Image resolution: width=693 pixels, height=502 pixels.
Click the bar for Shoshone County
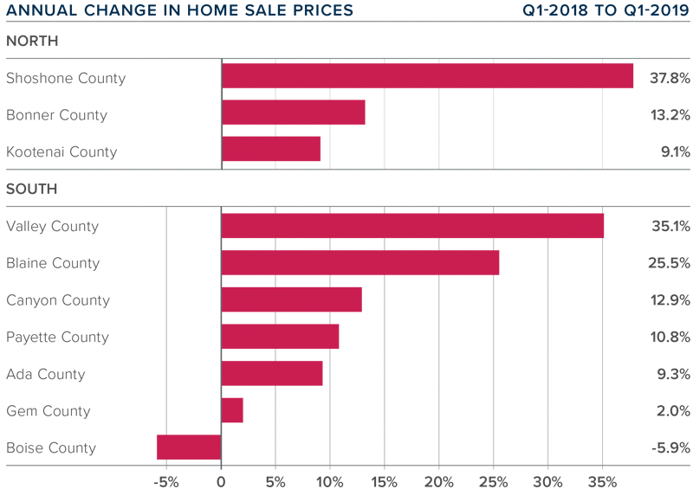pos(427,76)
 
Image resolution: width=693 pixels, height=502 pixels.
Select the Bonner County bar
pos(293,113)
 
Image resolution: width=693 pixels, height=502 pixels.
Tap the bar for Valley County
pos(412,226)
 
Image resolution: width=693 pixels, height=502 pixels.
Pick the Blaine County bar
pos(359,263)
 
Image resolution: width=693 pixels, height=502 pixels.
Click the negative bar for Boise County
pos(189,447)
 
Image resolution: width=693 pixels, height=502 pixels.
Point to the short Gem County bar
pos(232,410)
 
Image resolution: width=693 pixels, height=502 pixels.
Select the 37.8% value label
pos(670,78)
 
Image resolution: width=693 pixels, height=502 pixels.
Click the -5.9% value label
pos(670,448)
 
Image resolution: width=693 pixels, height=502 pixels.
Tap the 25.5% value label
pos(670,263)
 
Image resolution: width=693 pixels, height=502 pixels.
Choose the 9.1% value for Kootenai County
pos(673,152)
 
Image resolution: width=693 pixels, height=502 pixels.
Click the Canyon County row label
pos(58,300)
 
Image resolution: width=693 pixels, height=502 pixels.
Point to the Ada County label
pos(46,375)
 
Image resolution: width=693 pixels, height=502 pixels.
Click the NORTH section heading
pos(32,41)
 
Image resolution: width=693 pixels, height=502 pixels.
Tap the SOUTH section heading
pos(32,189)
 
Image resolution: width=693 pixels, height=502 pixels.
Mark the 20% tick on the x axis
pos(439,482)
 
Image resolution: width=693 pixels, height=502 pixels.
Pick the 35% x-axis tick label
pos(603,482)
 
